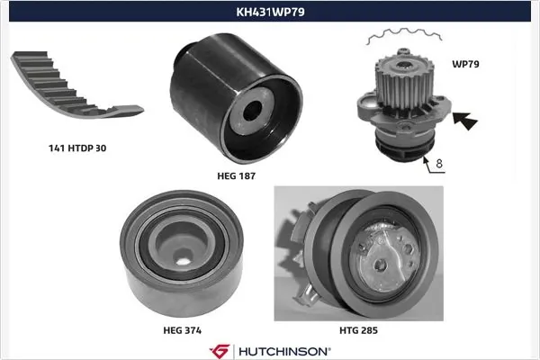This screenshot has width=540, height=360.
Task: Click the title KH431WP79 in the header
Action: [269, 13]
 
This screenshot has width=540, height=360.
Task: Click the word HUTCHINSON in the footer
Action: [283, 349]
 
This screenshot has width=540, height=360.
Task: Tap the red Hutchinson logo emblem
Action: [219, 349]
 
